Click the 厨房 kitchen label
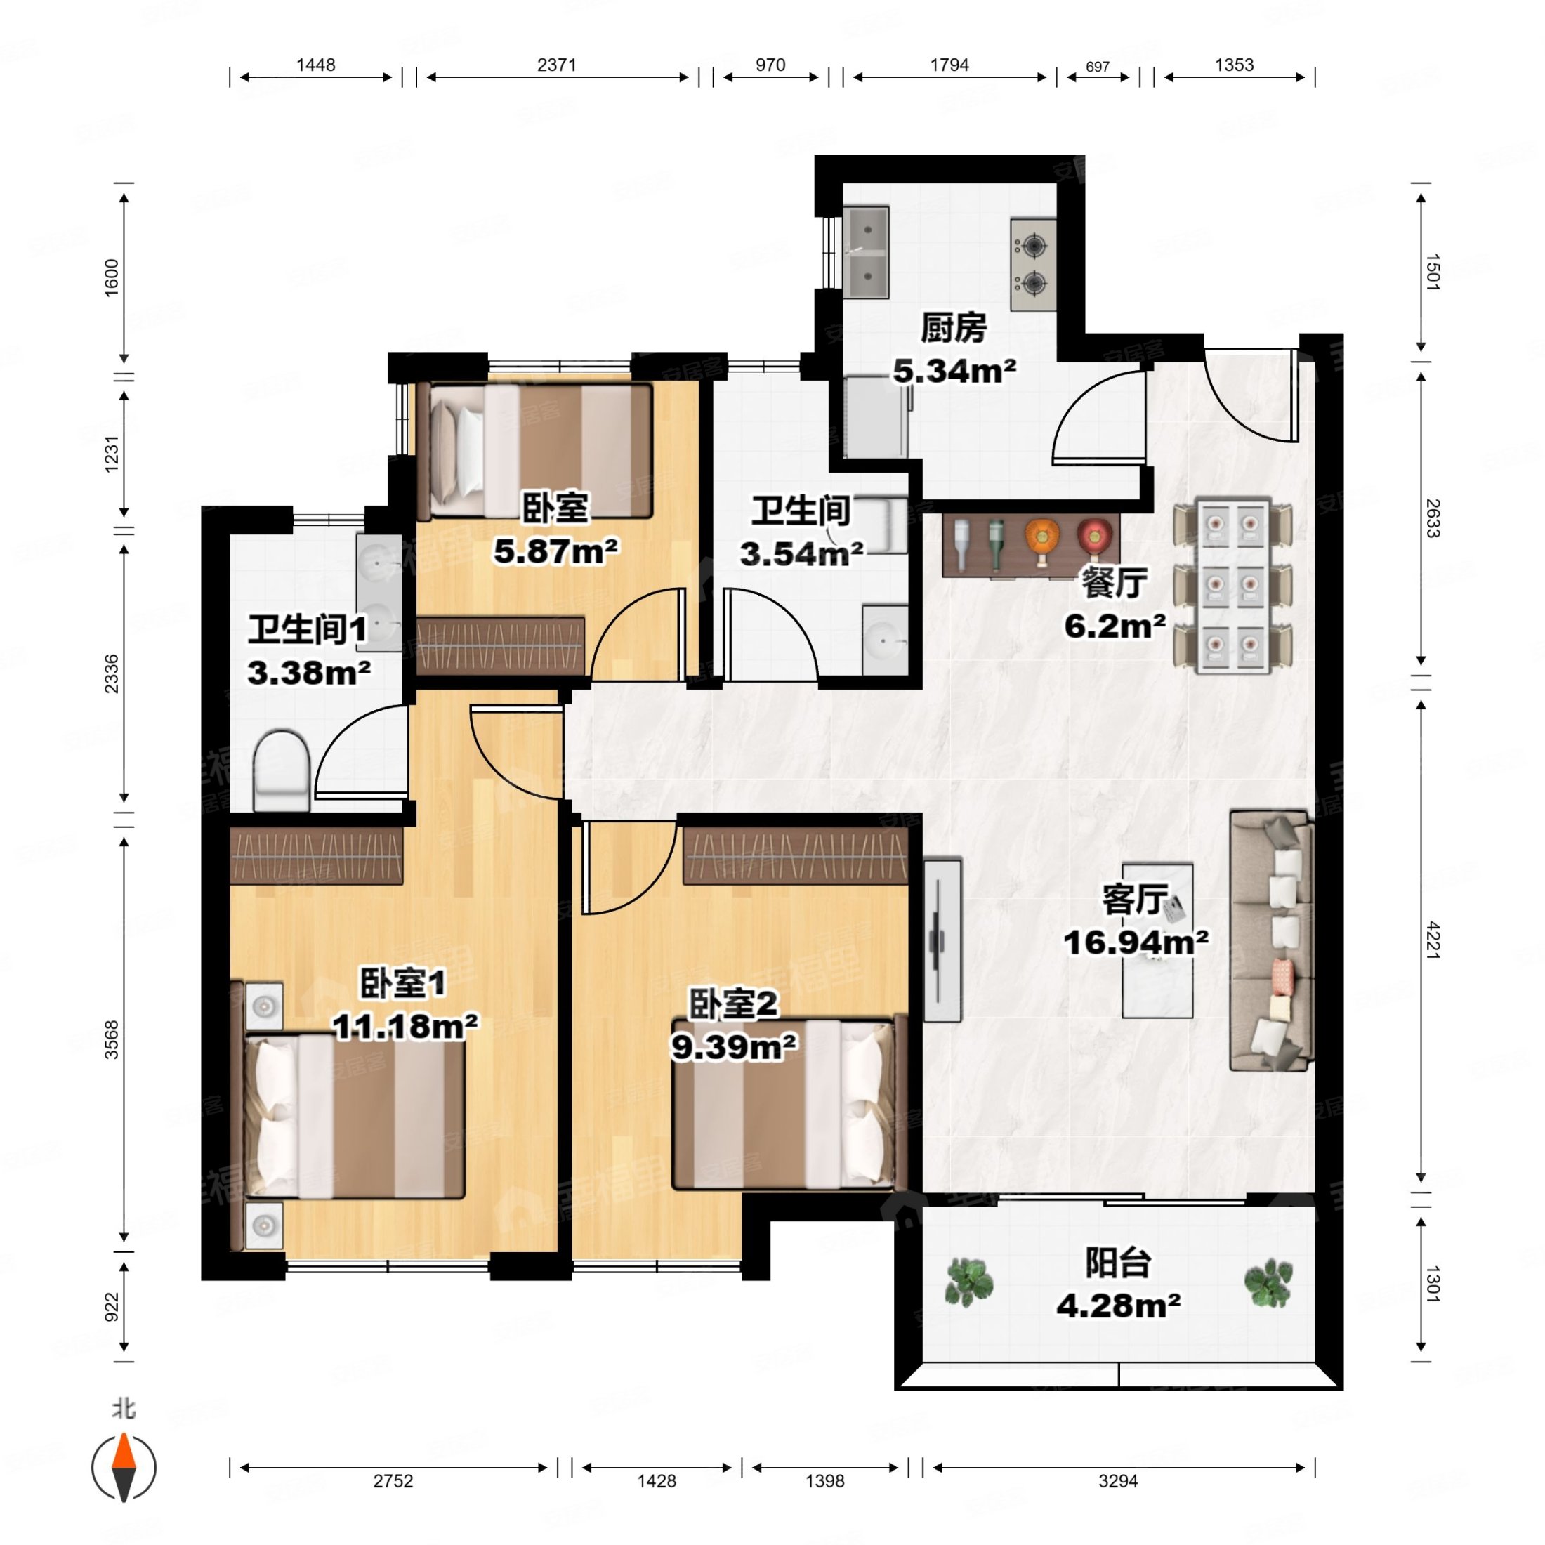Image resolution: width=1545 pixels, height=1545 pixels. pyautogui.click(x=953, y=328)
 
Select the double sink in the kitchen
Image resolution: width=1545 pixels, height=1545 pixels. pyautogui.click(x=866, y=252)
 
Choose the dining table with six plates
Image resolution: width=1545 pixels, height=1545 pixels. pyautogui.click(x=1232, y=586)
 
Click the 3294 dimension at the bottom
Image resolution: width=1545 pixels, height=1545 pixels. pyautogui.click(x=1118, y=1481)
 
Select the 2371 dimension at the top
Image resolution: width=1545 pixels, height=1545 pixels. pyautogui.click(x=557, y=65)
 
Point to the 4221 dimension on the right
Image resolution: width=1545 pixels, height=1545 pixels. pyautogui.click(x=1432, y=940)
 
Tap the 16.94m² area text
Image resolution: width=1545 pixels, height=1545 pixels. pyautogui.click(x=1136, y=943)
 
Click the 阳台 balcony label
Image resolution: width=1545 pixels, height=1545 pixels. pyautogui.click(x=1118, y=1263)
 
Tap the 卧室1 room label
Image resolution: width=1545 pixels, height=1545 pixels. pyautogui.click(x=402, y=982)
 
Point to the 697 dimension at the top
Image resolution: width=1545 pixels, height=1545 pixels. pyautogui.click(x=1098, y=67)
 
